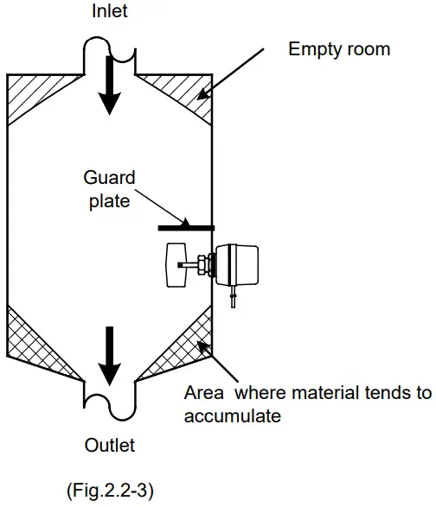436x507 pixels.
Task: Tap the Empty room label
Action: pos(339,49)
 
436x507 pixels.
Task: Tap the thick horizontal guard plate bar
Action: pos(186,229)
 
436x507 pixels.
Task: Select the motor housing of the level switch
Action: pos(239,264)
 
